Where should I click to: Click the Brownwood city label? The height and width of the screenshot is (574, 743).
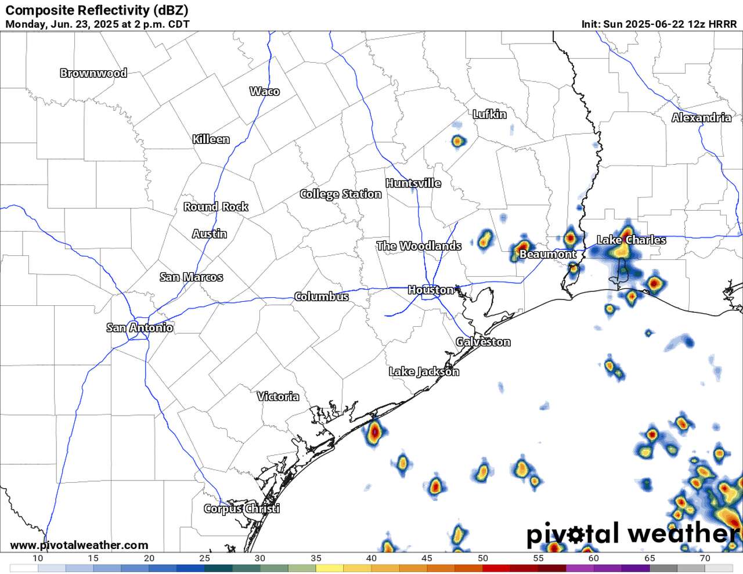[x=93, y=73]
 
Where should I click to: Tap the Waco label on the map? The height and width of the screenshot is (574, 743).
[x=265, y=91]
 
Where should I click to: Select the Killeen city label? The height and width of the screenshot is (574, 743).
[x=211, y=139]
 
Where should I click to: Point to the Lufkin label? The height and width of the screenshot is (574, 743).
[x=489, y=114]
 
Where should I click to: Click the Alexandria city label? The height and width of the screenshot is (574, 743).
[x=701, y=118]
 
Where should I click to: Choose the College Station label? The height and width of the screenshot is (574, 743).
[x=341, y=194]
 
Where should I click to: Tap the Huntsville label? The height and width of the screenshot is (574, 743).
[x=413, y=183]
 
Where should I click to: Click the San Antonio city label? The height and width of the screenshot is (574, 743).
[x=139, y=328]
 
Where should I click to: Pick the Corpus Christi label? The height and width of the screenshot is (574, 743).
[x=241, y=509]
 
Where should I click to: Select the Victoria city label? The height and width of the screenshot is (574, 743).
[x=278, y=396]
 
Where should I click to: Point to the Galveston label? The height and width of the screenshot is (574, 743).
[x=483, y=342]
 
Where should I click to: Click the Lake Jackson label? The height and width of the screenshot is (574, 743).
[x=424, y=371]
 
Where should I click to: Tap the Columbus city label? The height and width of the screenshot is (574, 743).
[x=322, y=297]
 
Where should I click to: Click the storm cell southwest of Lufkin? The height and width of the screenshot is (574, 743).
[x=457, y=140]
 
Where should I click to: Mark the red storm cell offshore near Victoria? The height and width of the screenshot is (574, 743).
[x=374, y=432]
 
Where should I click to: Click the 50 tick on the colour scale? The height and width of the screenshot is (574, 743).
[x=482, y=558]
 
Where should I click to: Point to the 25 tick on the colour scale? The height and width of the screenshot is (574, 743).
[x=204, y=558]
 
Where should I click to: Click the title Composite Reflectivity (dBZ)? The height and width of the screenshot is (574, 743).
[x=96, y=10]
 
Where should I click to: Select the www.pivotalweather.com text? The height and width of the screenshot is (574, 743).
[x=79, y=546]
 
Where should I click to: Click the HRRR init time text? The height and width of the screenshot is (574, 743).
[x=659, y=24]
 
